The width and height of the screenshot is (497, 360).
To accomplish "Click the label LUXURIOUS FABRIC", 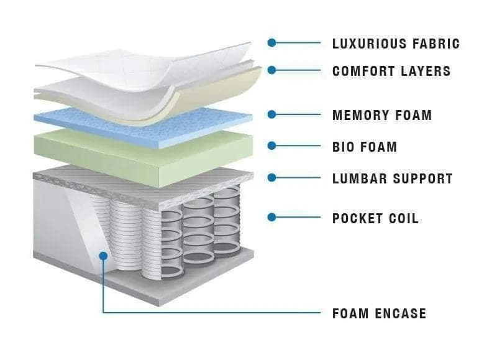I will tap(396, 44).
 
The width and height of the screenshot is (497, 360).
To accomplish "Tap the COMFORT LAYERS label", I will tap(391, 71).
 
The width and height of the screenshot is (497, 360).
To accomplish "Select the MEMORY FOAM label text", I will tap(382, 115).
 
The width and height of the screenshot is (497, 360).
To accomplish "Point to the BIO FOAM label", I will tap(365, 147).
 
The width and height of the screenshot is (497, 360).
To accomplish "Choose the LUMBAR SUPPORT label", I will tap(393, 179).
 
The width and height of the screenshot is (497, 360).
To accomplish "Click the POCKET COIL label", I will tap(375, 218).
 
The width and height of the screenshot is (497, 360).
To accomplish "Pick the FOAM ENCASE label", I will tap(379, 313).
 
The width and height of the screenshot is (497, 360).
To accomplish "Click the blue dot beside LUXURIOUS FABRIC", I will tap(271, 43).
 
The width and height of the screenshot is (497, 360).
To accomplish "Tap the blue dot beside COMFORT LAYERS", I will tap(271, 70).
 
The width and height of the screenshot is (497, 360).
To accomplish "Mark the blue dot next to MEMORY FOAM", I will tap(271, 114).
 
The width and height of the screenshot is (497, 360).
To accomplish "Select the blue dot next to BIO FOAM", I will tap(271, 146).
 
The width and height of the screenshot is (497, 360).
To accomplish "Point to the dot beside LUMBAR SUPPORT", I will tap(271, 178).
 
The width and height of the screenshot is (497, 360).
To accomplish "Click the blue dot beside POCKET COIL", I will tap(271, 217).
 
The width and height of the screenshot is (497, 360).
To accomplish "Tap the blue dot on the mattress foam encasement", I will tap(103, 255).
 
